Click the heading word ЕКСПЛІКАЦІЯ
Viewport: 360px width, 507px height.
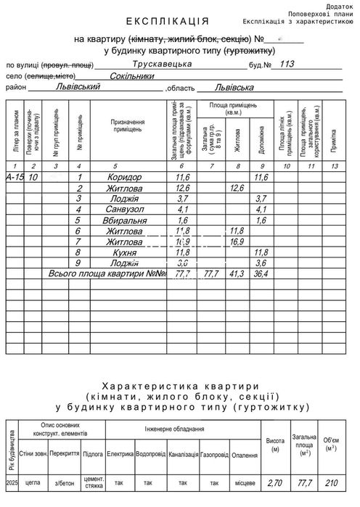coord(167,22)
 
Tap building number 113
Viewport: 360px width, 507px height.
coord(287,65)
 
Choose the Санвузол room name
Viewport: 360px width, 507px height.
coord(124,210)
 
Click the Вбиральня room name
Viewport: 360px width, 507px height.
coord(125,220)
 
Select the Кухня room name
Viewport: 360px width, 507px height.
coord(125,252)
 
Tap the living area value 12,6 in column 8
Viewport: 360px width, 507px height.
coord(236,189)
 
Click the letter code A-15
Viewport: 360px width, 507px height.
coord(15,178)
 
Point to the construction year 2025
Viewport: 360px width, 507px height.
coord(10,482)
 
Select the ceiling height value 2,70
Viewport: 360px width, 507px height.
coord(275,482)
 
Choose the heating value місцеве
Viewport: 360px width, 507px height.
coord(245,482)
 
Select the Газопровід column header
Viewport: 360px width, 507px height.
coord(214,455)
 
